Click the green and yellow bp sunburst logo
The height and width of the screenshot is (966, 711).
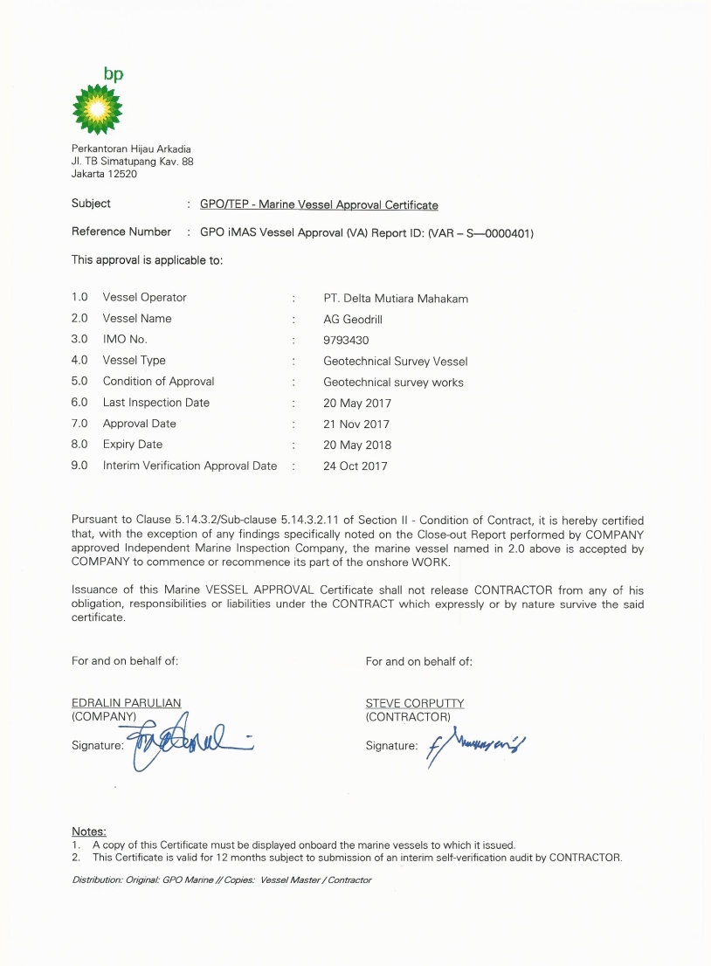tap(98, 108)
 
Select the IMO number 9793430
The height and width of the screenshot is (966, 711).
tap(347, 340)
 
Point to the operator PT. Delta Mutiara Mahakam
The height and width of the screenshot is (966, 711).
tap(396, 298)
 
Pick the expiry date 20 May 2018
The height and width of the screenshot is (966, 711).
tap(357, 445)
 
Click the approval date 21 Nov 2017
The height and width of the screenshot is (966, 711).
tap(356, 424)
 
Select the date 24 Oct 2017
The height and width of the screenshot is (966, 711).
tap(355, 466)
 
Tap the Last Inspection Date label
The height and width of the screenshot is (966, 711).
tap(156, 403)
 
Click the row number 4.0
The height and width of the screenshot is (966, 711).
tap(79, 361)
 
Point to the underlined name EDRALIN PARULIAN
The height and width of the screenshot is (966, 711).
tap(126, 703)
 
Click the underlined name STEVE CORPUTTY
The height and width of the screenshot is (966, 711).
tap(415, 703)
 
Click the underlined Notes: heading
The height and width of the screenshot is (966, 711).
tap(88, 831)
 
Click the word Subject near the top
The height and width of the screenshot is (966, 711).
tap(91, 204)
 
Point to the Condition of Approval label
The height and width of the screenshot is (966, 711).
tap(158, 382)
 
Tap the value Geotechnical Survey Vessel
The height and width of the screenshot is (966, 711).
tap(396, 361)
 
